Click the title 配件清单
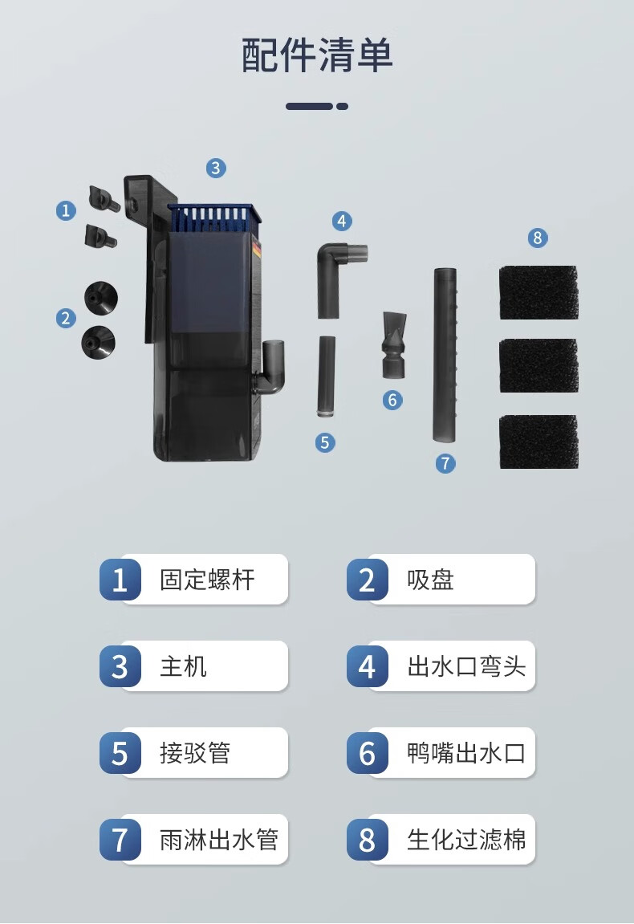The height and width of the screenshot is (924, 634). [x=317, y=55]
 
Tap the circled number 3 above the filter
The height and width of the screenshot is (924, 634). [x=216, y=168]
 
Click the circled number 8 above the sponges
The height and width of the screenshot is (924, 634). [x=538, y=238]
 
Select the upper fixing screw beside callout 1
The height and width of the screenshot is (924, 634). [x=104, y=198]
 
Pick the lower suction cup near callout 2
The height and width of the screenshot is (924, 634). [x=99, y=342]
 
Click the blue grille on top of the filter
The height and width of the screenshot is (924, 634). [x=213, y=217]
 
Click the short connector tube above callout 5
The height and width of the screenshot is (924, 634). [x=327, y=376]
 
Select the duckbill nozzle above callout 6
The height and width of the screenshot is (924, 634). [x=394, y=345]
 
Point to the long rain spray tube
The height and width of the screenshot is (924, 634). [x=445, y=356]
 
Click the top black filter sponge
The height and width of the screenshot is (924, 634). [x=538, y=292]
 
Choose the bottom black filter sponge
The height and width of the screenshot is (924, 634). [x=538, y=442]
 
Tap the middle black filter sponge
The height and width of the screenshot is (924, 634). [x=538, y=365]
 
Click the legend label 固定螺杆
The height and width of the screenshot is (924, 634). [x=207, y=580]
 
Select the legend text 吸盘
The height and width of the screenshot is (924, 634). [x=431, y=580]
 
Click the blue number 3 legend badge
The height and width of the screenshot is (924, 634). [x=120, y=666]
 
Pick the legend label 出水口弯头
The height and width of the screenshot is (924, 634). [x=466, y=666]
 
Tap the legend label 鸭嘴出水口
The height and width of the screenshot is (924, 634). [x=466, y=753]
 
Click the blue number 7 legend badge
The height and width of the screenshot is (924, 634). [x=120, y=840]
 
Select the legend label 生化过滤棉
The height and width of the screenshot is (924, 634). [x=466, y=840]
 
